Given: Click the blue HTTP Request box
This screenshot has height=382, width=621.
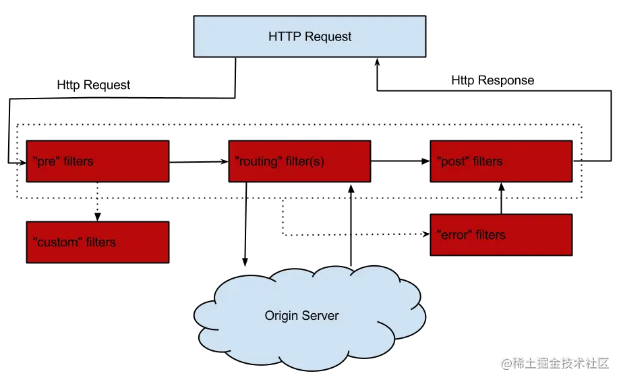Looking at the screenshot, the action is [x=309, y=36].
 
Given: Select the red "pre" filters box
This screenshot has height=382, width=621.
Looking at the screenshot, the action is [x=98, y=161].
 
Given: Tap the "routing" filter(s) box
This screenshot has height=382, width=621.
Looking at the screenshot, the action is [x=300, y=161].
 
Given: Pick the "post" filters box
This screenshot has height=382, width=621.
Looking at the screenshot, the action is [x=502, y=161].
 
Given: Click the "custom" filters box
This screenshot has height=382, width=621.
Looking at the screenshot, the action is [x=98, y=242].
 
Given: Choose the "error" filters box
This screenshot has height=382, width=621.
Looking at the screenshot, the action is [x=502, y=235].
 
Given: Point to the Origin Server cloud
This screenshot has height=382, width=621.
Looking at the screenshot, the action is [x=309, y=318].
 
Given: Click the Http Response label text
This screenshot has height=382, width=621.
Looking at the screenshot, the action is [x=493, y=80].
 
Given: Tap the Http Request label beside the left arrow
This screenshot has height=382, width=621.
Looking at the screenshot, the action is [x=94, y=85].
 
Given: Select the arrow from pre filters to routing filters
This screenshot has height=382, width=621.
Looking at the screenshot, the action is [x=199, y=162].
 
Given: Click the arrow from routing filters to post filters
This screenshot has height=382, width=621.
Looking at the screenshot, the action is [x=401, y=161].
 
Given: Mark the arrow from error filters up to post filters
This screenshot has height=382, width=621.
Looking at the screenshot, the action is [x=502, y=198].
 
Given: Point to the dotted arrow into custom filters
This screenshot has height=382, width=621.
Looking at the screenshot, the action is [x=97, y=202].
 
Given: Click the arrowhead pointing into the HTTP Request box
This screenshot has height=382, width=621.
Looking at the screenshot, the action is [x=378, y=62].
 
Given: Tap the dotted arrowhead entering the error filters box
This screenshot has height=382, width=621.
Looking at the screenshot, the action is [x=427, y=234].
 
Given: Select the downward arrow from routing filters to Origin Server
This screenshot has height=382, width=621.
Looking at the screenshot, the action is [x=245, y=224].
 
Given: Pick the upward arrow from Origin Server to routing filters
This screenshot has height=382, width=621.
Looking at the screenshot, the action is [x=351, y=225].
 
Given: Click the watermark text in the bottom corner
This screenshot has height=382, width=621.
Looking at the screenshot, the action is [x=555, y=363].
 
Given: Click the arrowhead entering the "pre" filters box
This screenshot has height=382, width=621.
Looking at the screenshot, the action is [x=22, y=163].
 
